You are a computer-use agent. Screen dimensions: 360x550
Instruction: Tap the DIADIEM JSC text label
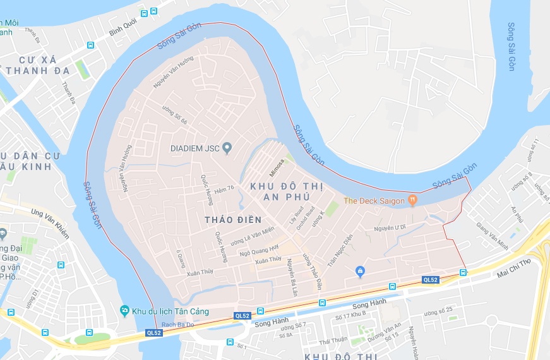pos(194,148)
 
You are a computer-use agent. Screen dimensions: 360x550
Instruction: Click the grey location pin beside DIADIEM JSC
pos(227,148)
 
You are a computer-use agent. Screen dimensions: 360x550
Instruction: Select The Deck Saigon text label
pos(373,201)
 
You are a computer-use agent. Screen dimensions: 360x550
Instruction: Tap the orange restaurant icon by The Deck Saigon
pos(412,200)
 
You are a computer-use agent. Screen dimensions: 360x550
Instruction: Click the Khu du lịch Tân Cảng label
pos(170,311)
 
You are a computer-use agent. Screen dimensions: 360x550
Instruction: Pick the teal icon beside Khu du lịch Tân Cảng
pos(124,311)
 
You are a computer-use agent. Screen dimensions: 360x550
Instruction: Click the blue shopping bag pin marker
pos(360,272)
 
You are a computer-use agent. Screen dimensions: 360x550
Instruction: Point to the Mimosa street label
pos(277,167)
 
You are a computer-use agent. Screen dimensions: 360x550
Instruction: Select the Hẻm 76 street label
pos(224,188)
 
